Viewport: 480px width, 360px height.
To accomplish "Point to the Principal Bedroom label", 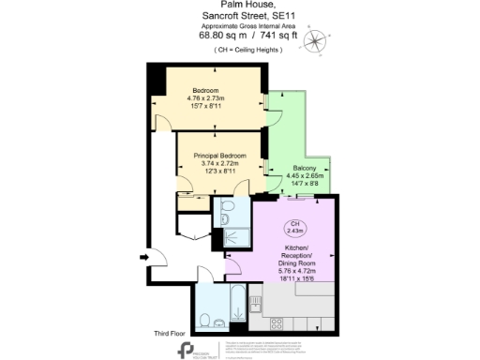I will (219, 154).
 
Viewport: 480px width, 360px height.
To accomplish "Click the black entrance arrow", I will (143, 255).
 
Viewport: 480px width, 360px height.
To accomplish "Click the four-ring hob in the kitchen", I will (277, 323).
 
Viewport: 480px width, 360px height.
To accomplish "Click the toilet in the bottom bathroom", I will (217, 323).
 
